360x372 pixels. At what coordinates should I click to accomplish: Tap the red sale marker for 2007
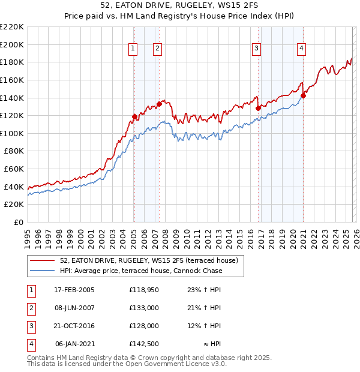159,104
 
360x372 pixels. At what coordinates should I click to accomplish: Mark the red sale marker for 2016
258,109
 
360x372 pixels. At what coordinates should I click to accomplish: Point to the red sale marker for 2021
303,95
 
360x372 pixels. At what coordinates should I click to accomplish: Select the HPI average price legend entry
141,271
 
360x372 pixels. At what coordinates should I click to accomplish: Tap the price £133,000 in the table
144,308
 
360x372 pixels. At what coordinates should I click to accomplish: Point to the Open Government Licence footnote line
127,364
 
